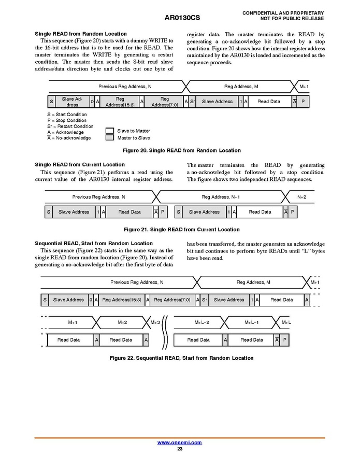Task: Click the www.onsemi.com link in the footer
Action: [x=179, y=443]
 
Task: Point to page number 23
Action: [x=180, y=449]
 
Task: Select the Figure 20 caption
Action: [x=181, y=150]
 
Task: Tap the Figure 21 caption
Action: [x=181, y=230]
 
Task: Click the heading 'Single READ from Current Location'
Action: [x=80, y=165]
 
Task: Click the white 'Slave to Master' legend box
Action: [x=109, y=131]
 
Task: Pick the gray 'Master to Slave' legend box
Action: [x=109, y=138]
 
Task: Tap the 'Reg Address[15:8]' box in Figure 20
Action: [x=120, y=102]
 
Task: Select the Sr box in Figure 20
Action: [x=192, y=102]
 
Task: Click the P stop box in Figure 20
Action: [x=303, y=102]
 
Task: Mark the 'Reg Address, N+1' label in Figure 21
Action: [x=221, y=197]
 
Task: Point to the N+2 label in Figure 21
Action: [x=302, y=197]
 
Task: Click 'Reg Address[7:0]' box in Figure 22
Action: [x=172, y=300]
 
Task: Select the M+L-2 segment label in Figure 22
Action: [x=202, y=322]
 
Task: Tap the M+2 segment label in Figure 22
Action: [x=122, y=322]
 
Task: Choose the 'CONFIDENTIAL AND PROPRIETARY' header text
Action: [x=283, y=13]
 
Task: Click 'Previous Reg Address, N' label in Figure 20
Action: [x=125, y=87]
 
